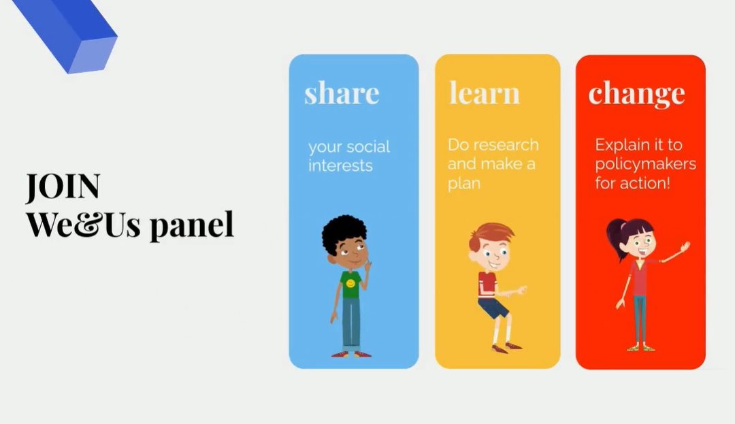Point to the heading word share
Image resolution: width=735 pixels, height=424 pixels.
(x=342, y=93)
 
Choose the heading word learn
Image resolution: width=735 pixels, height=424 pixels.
(x=485, y=93)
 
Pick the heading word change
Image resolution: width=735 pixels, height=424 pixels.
(x=636, y=95)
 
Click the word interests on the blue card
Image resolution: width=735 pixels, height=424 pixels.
(x=340, y=165)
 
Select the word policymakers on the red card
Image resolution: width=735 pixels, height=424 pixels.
(x=645, y=165)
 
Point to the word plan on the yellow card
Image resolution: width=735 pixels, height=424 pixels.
(x=464, y=184)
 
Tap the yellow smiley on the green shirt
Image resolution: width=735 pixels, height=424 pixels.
(x=350, y=283)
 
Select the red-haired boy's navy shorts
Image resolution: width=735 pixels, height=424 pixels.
(x=493, y=309)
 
